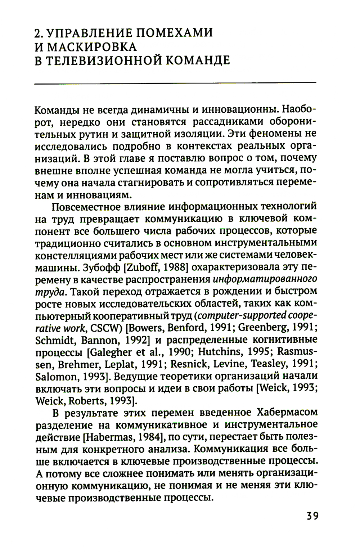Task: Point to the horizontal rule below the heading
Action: [x=175, y=84]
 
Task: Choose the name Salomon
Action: [x=54, y=376]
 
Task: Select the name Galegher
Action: [x=109, y=352]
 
